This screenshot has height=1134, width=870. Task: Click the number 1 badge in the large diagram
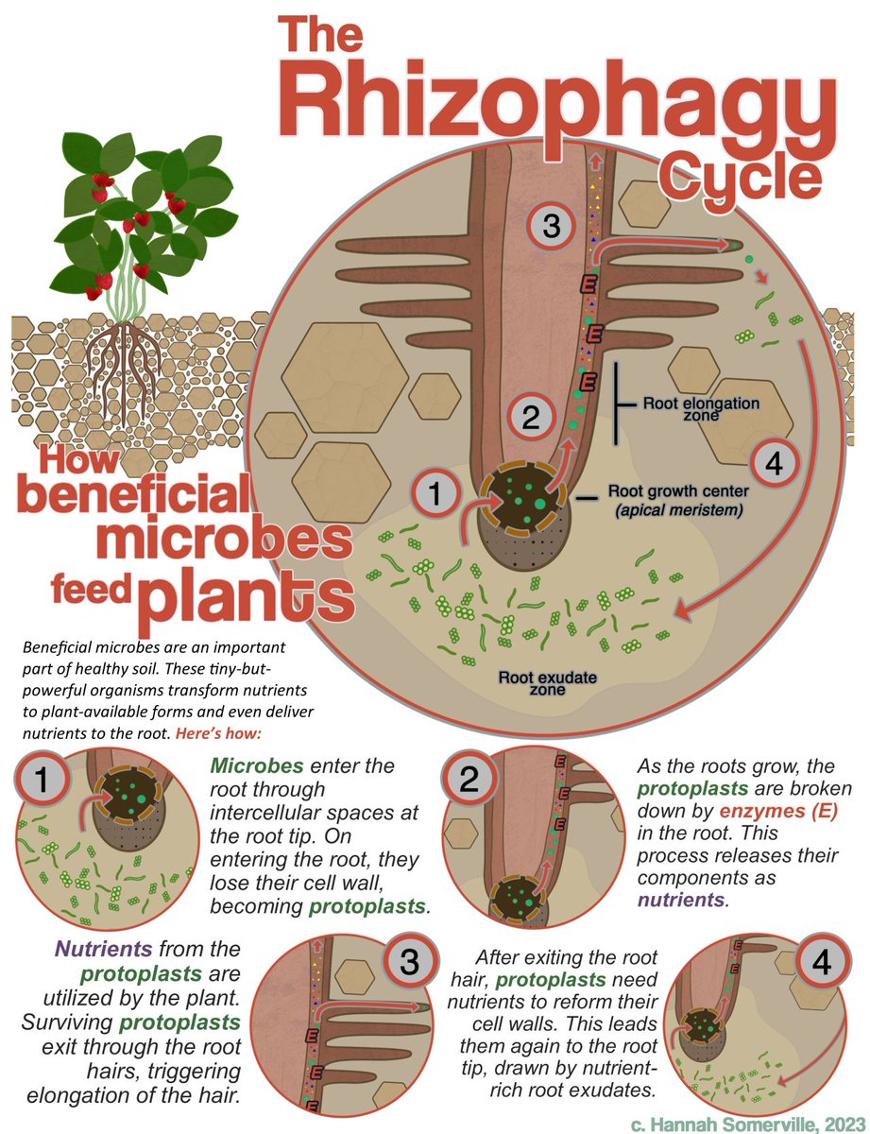tap(435, 492)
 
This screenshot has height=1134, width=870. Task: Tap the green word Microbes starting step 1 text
tap(250, 765)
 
